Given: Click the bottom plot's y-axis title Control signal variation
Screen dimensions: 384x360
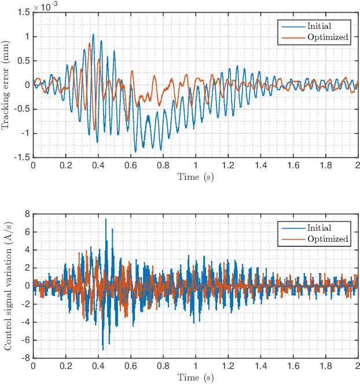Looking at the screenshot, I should click(x=8, y=286).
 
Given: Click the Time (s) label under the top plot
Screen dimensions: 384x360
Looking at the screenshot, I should click(x=195, y=176).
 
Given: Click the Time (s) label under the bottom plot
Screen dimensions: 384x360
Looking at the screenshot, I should click(x=195, y=378).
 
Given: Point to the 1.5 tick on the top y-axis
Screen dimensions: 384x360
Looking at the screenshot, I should click(x=24, y=12).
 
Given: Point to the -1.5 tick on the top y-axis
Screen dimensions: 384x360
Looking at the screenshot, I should click(x=22, y=157).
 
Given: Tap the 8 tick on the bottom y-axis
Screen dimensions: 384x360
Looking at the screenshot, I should click(x=27, y=214).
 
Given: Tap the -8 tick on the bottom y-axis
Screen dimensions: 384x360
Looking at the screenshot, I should click(x=25, y=358).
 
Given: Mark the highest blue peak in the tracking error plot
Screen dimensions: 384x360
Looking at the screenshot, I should click(x=93, y=34).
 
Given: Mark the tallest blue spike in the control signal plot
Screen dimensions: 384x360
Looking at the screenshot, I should click(x=106, y=219).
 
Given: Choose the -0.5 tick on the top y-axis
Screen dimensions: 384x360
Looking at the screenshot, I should click(x=22, y=109).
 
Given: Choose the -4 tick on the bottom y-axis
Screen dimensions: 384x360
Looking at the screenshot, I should click(x=25, y=322).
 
